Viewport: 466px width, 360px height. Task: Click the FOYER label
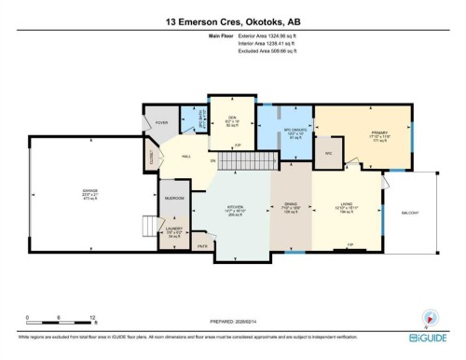coord(161,122)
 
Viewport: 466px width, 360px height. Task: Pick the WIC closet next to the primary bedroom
coord(328,152)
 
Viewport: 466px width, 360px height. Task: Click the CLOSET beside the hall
coord(151,162)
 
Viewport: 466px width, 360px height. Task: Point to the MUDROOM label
coord(175,199)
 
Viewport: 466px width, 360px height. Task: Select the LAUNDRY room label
coord(175,230)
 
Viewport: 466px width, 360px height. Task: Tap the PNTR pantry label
coord(202,246)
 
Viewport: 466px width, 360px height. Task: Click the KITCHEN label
coord(236,210)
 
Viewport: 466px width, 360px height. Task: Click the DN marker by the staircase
coord(212,161)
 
